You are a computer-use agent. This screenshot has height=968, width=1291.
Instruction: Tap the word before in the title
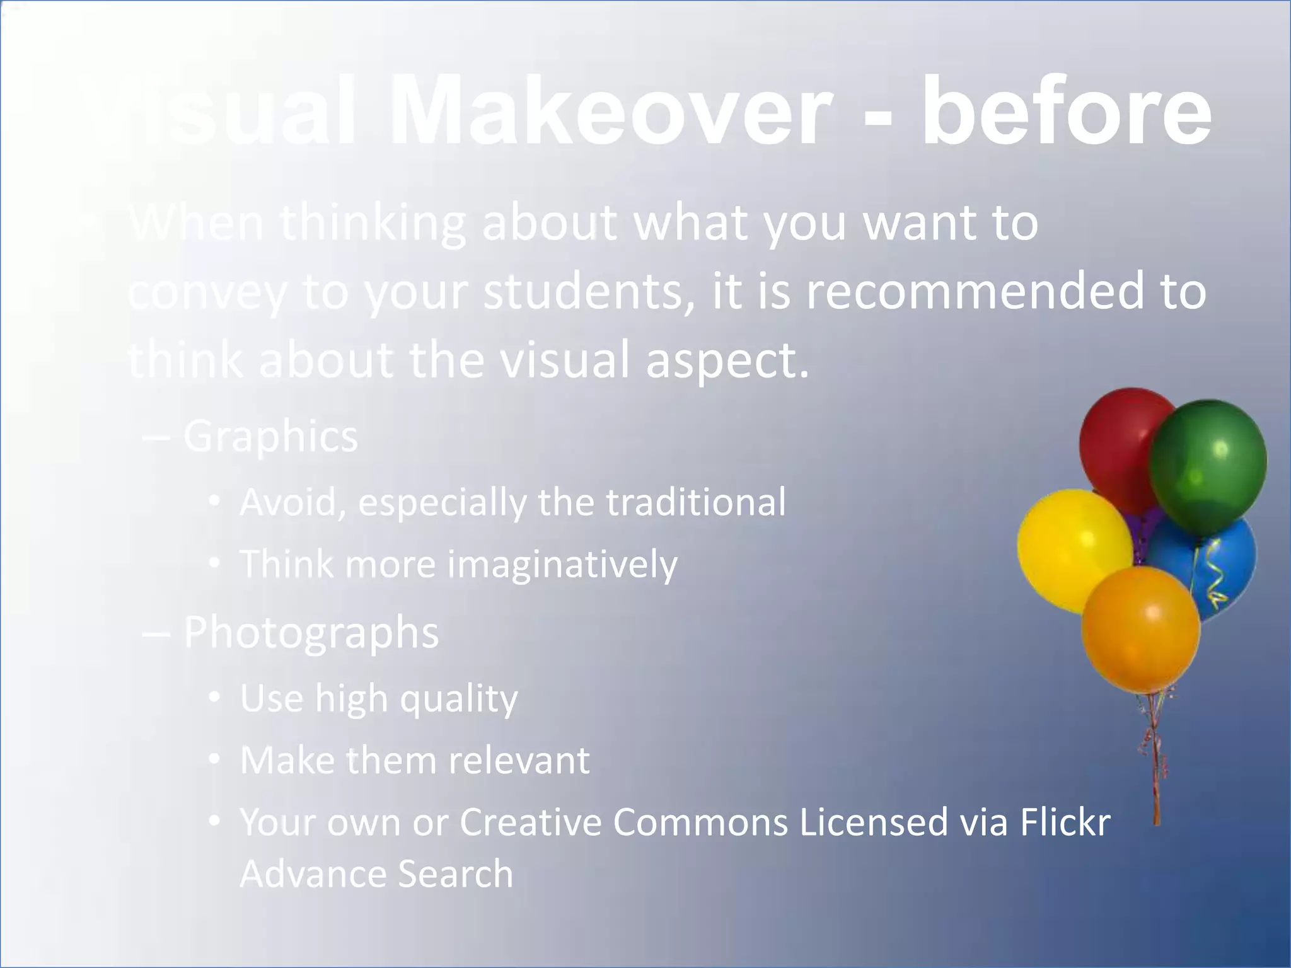click(x=1065, y=113)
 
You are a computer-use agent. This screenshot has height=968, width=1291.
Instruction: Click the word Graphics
click(x=270, y=436)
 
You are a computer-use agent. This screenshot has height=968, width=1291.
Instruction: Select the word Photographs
click(x=311, y=632)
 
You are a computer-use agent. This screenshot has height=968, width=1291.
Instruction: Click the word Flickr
click(x=1065, y=822)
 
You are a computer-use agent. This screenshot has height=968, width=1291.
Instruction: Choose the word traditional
click(x=696, y=502)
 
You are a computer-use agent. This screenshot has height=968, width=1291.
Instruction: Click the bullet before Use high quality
click(x=215, y=697)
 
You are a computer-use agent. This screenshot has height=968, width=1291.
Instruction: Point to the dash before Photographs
click(x=156, y=633)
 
